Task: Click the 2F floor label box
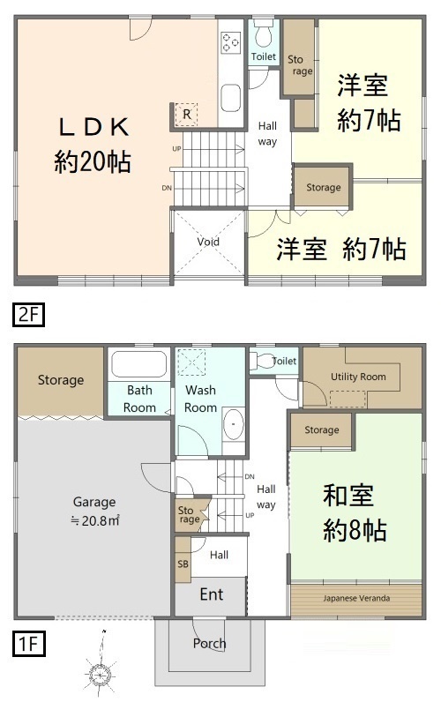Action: tap(28, 315)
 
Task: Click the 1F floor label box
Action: tap(28, 644)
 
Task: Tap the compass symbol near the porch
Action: tap(100, 673)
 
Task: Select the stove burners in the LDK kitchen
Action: tap(231, 42)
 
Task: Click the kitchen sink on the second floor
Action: tap(231, 98)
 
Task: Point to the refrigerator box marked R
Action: tap(187, 114)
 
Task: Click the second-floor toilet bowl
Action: tap(264, 35)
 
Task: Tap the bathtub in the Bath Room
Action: tap(138, 364)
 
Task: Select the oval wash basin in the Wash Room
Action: tap(233, 423)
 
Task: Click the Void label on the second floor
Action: tap(208, 242)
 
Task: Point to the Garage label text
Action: tap(94, 503)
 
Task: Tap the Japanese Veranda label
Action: tap(356, 598)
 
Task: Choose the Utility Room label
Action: tap(358, 377)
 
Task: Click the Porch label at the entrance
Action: tap(209, 644)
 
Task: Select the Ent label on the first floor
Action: tap(212, 594)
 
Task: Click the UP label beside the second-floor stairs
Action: tap(177, 149)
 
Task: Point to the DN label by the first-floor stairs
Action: tap(250, 476)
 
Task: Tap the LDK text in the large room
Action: tap(94, 127)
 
